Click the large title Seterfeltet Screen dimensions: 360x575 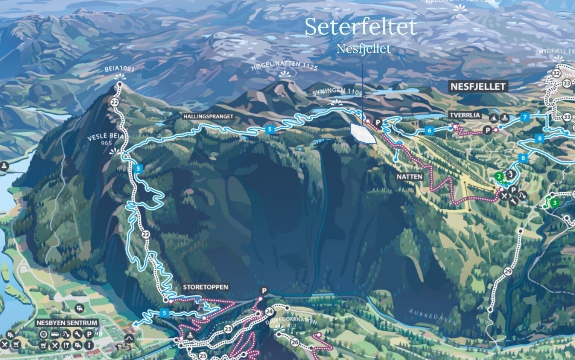361,27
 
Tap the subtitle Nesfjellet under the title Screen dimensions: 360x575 364,49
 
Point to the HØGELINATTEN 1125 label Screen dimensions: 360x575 284,66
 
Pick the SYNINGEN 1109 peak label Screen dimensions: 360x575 337,93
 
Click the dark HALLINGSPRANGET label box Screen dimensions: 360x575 208,117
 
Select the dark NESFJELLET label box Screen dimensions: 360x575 478,87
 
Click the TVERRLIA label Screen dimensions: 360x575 465,115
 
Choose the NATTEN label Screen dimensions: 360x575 409,176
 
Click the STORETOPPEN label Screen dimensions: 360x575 205,287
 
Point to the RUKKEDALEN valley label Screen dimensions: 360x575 433,317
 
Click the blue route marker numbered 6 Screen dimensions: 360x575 429,131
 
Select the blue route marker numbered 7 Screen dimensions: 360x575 525,117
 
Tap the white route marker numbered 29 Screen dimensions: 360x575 508,272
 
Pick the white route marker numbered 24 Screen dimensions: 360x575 269,311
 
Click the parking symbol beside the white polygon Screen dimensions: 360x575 378,123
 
